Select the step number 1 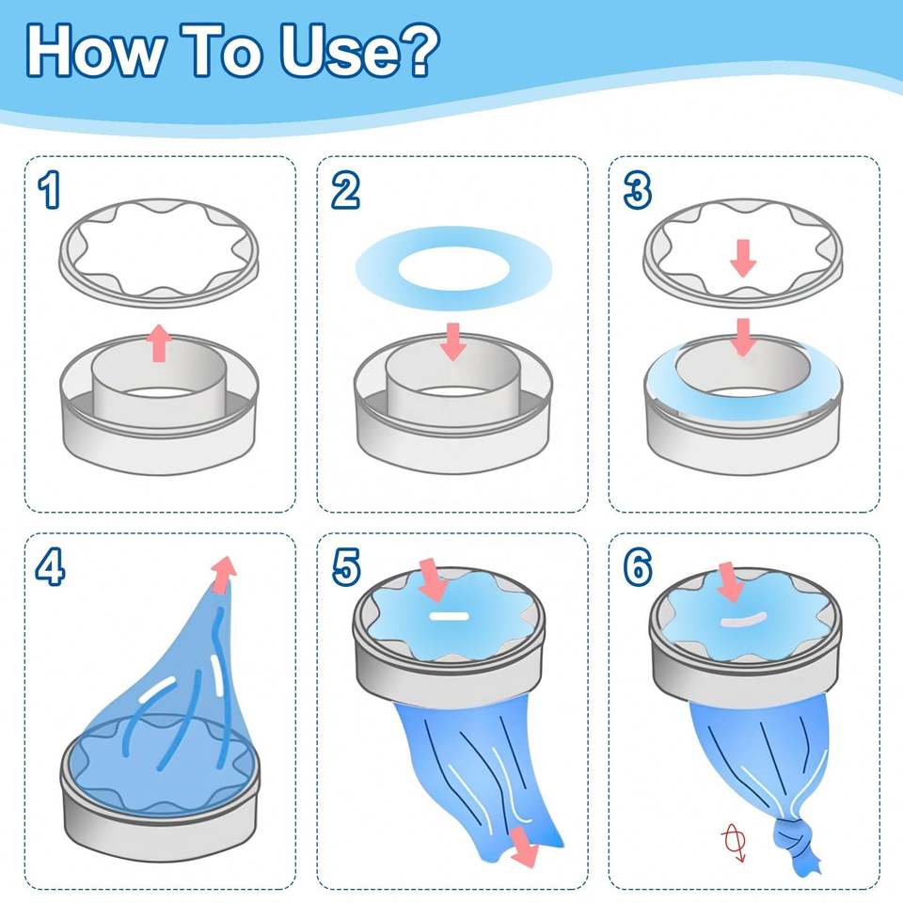pos(50,191)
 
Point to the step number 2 pos(345,191)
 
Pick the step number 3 pos(638,191)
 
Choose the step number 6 pos(638,566)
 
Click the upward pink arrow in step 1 pos(158,342)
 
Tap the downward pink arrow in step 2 pos(453,341)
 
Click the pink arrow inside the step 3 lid pos(743,258)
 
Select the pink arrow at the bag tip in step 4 pos(224,574)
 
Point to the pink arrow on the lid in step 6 pos(730,582)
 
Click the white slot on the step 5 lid pos(450,617)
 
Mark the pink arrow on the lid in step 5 pos(433,579)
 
